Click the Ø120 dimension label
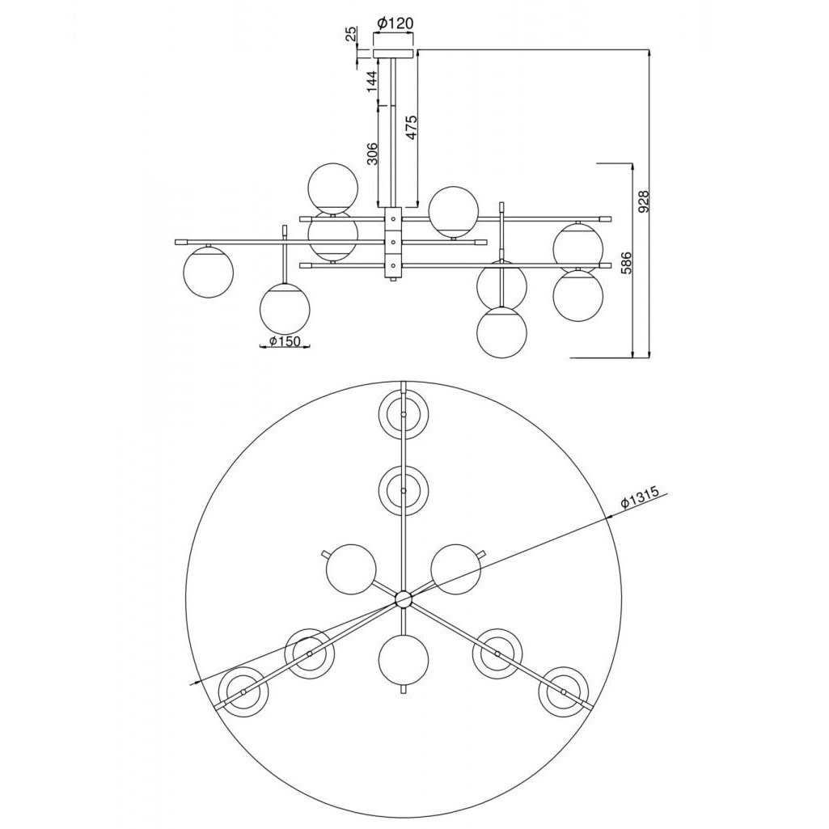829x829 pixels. [395, 23]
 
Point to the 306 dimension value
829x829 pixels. [372, 154]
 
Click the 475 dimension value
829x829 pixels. [412, 127]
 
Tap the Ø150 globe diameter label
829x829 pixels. [285, 341]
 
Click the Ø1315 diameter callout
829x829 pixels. [639, 498]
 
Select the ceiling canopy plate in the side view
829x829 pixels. [393, 53]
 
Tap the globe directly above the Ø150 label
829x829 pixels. [285, 309]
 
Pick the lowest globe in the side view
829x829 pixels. [501, 333]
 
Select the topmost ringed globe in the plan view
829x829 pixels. [404, 415]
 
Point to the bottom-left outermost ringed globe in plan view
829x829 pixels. [243, 692]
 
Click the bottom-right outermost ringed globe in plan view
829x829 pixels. [563, 692]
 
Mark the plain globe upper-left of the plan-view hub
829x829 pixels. [351, 569]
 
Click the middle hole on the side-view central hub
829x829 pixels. [393, 243]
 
